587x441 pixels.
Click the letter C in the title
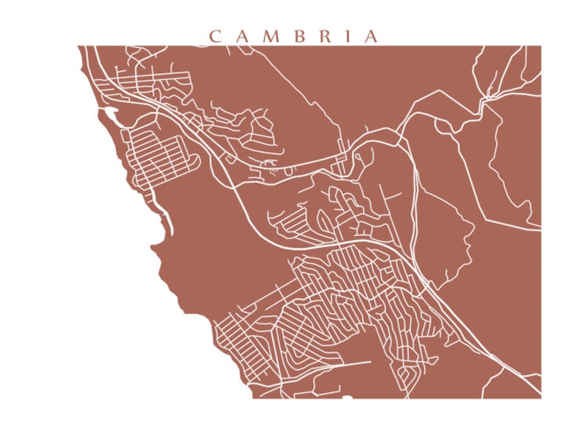[x=215, y=36]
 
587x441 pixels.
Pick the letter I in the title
[x=347, y=36]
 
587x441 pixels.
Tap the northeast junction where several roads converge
[x=488, y=95]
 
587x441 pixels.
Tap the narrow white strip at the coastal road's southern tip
[x=169, y=221]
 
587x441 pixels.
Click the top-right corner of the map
[x=540, y=46]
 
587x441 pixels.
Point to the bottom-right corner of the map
[x=540, y=398]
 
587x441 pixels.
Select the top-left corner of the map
[x=78, y=46]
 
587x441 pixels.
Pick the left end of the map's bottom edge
[x=253, y=398]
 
